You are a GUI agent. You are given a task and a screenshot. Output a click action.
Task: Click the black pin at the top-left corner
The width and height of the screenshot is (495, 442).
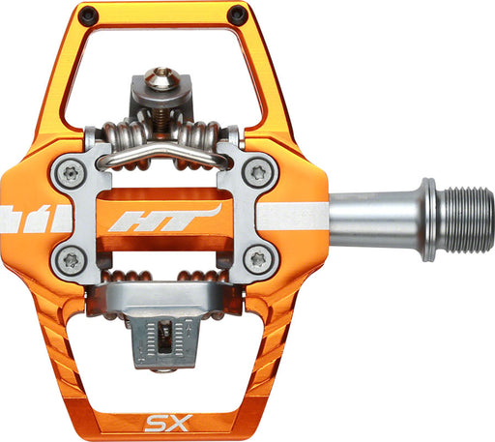tap(88, 15)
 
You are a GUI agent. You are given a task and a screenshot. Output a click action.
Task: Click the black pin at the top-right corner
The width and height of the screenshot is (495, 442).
tap(237, 15)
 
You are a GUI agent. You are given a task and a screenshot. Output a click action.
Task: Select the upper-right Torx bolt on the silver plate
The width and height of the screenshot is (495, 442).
tap(258, 172)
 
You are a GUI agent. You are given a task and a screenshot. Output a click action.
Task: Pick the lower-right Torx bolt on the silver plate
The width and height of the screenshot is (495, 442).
tap(257, 259)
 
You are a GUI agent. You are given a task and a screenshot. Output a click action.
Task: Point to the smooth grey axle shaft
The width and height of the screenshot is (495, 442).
tap(367, 216)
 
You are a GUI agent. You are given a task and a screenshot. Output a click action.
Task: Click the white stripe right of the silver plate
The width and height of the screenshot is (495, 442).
tap(305, 214)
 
